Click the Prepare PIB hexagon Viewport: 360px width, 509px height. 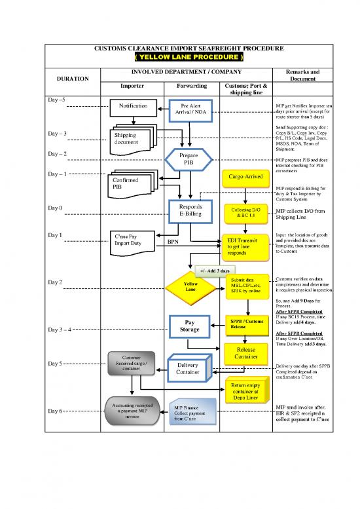click(x=188, y=159)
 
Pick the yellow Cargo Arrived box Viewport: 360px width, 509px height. click(x=246, y=177)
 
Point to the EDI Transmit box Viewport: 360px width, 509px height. click(x=245, y=246)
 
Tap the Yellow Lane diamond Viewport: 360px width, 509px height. click(x=190, y=286)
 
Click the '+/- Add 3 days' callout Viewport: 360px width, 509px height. click(x=215, y=271)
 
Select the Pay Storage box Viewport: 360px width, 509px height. click(x=190, y=326)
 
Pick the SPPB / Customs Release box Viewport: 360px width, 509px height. click(x=247, y=324)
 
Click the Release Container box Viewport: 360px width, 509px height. click(x=245, y=352)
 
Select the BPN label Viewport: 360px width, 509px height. click(x=173, y=242)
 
